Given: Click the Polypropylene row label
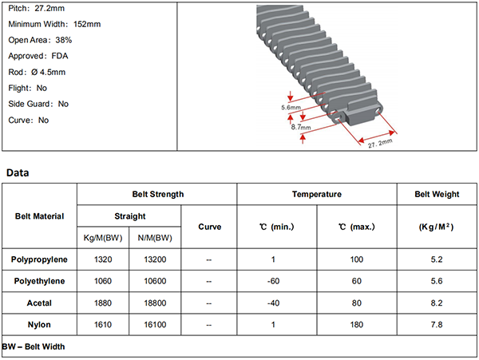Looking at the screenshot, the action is (39, 259).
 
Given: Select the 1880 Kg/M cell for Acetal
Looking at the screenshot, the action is (103, 303).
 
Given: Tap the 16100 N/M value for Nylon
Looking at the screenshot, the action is (155, 325).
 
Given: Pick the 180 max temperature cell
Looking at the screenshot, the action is (357, 325).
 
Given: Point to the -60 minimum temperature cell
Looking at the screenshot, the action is (273, 281).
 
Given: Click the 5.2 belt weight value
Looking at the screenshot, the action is (437, 259).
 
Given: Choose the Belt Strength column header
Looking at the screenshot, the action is (158, 194).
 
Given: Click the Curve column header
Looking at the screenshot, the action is (209, 227).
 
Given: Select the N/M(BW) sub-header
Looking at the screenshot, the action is (155, 238).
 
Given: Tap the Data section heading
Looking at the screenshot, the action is (18, 173).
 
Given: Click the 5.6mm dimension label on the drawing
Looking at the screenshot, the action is (291, 108).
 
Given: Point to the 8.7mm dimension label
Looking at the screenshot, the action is (301, 127).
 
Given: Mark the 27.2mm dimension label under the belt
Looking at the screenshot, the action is (380, 143).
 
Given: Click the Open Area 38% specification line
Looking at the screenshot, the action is (40, 40).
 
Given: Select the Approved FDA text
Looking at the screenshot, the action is (38, 56).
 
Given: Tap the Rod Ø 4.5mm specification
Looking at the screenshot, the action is (37, 72).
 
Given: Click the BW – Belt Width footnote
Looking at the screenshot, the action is (34, 346).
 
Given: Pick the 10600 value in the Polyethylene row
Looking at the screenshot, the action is (155, 281).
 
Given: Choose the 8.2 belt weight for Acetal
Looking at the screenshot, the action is (437, 303).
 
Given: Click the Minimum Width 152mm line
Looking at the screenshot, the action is (54, 24).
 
